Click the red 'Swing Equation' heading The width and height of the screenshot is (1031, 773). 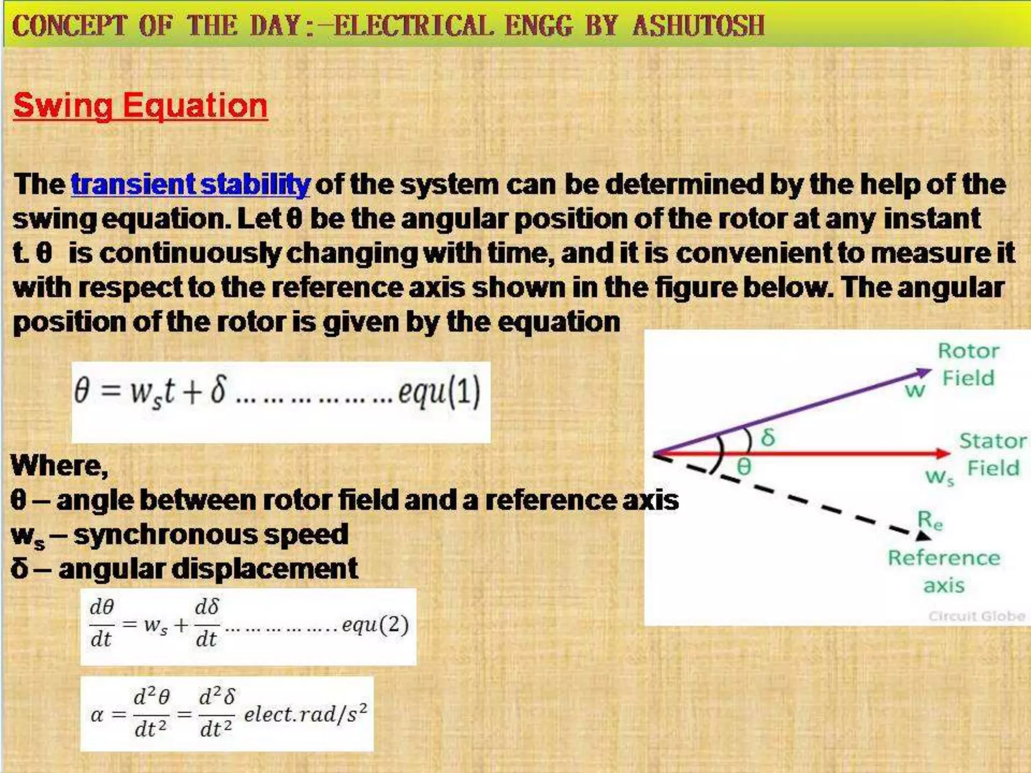click(x=140, y=106)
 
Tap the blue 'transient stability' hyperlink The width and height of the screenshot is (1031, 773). click(x=190, y=184)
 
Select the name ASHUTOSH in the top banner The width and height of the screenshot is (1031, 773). click(x=698, y=25)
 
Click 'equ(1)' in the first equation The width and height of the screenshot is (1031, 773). click(x=439, y=392)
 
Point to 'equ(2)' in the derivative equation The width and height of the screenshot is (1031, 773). click(x=375, y=625)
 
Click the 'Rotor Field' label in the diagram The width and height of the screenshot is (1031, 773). click(x=968, y=364)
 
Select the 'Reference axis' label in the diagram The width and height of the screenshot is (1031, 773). click(x=944, y=571)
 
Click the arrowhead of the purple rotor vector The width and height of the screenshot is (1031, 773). click(x=924, y=373)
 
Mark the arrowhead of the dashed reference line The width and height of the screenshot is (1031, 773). click(x=922, y=536)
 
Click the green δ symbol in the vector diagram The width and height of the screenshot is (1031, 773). click(x=768, y=437)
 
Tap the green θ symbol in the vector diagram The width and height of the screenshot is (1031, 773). click(x=744, y=467)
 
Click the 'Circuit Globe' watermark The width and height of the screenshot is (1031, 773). click(x=977, y=616)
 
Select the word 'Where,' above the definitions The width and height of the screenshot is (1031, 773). click(x=59, y=466)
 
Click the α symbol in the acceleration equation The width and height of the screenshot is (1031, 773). click(x=97, y=715)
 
